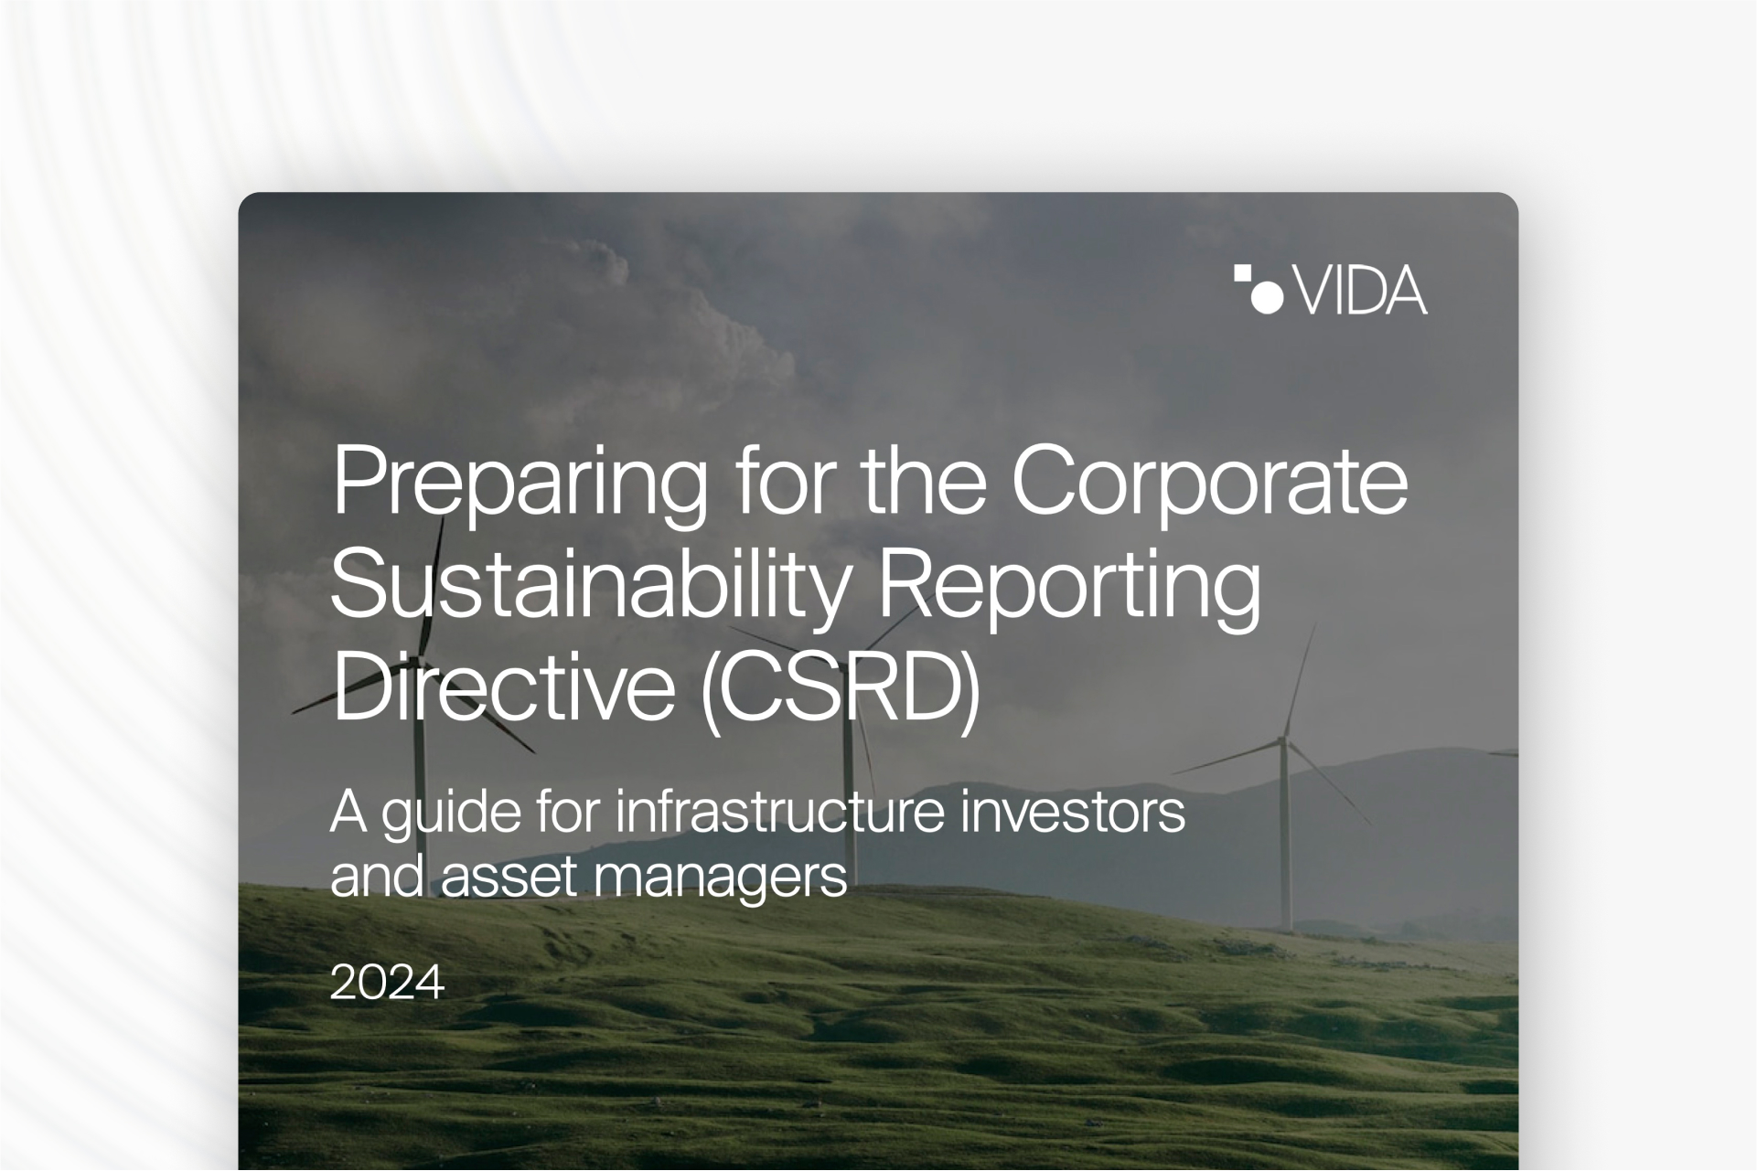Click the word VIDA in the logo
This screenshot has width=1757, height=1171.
coord(1362,291)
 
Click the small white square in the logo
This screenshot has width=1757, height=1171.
coord(1242,272)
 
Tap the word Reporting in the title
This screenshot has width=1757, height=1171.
coord(1069,587)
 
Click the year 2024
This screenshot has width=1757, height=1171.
coord(387,983)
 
